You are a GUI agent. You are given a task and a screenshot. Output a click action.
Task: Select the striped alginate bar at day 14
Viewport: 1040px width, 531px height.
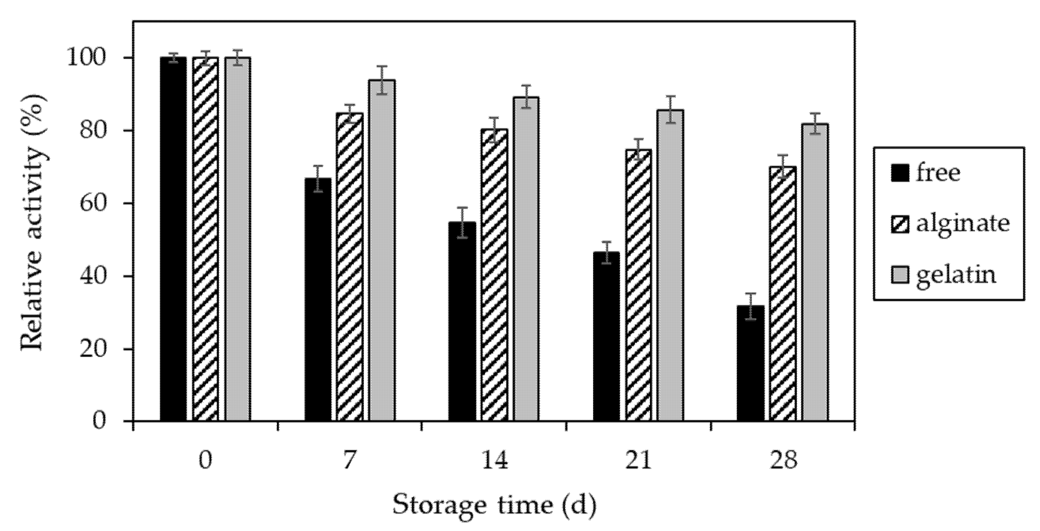494,275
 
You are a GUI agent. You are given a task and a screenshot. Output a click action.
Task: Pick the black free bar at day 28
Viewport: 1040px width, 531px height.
750,363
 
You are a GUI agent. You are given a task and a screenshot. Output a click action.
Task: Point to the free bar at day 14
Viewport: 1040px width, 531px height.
462,321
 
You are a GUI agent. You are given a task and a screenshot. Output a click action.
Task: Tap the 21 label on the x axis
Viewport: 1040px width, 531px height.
638,461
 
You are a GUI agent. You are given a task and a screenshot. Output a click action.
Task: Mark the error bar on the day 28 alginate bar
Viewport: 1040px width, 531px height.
783,166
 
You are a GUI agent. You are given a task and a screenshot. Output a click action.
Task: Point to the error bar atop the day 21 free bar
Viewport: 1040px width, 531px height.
606,252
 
